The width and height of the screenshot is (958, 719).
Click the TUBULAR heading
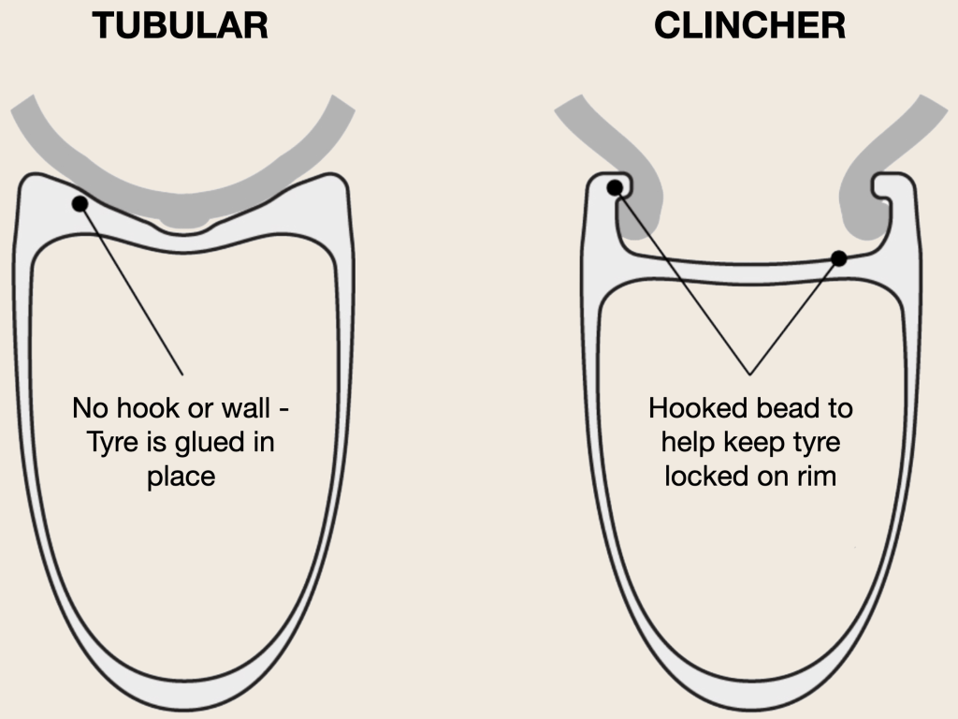pos(181,25)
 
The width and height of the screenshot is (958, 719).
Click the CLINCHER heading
pos(749,25)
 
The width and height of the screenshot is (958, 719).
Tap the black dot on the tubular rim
pos(80,203)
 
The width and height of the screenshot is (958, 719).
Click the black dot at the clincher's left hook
pos(615,187)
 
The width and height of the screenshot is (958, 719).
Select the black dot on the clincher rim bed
pos(839,258)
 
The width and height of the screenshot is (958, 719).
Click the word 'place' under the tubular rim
pos(181,476)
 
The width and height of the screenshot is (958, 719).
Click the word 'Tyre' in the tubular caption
pos(111,442)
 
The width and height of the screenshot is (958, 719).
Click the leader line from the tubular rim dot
pos(131,288)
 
